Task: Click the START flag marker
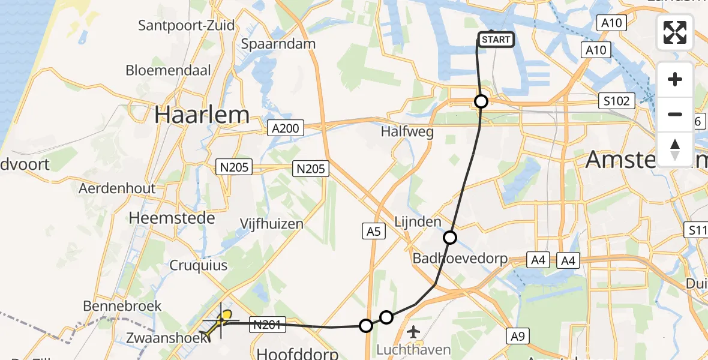[496, 40]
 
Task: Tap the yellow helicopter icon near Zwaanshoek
[219, 323]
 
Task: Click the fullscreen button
[675, 32]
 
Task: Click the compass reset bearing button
[675, 148]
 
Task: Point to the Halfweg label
[408, 133]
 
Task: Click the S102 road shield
[617, 101]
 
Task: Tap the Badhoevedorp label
[460, 259]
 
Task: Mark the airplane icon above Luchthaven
[413, 331]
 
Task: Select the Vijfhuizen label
[271, 224]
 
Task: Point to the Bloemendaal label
[168, 70]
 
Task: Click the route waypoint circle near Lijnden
[450, 238]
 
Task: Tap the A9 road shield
[518, 337]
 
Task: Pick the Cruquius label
[198, 265]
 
